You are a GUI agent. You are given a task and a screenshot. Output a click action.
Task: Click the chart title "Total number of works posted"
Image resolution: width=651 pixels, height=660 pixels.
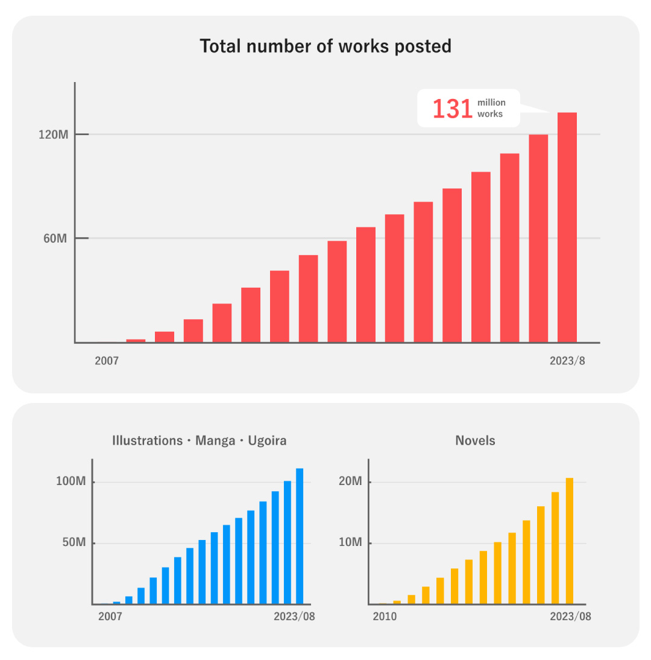pos(325,46)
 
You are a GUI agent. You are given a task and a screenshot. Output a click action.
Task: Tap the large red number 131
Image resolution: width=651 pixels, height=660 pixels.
pos(452,109)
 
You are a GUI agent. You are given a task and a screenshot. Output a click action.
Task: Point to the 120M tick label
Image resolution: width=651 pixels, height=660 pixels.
pos(53,135)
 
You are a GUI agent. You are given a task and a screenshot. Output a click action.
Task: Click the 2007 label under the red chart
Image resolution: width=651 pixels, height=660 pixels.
pos(107,361)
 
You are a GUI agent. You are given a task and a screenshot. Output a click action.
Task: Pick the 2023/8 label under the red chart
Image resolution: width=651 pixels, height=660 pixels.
pos(567,361)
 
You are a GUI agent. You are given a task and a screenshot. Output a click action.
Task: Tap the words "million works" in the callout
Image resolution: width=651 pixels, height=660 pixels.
pos(491,109)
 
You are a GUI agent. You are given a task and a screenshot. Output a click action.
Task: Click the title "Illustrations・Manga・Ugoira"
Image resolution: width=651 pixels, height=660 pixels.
pos(200,440)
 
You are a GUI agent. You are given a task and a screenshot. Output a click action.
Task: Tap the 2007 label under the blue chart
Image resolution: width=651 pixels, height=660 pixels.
pos(110,617)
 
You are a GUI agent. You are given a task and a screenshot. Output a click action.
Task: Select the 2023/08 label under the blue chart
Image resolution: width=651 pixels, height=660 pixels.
pos(294,617)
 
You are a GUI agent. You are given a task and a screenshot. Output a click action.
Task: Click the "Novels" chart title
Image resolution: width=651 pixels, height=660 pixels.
pos(475,440)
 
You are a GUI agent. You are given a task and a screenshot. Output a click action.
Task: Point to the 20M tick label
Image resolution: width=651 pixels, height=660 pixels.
pos(350,482)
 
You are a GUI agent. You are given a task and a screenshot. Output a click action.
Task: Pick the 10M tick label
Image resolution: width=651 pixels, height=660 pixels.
pos(350,542)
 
